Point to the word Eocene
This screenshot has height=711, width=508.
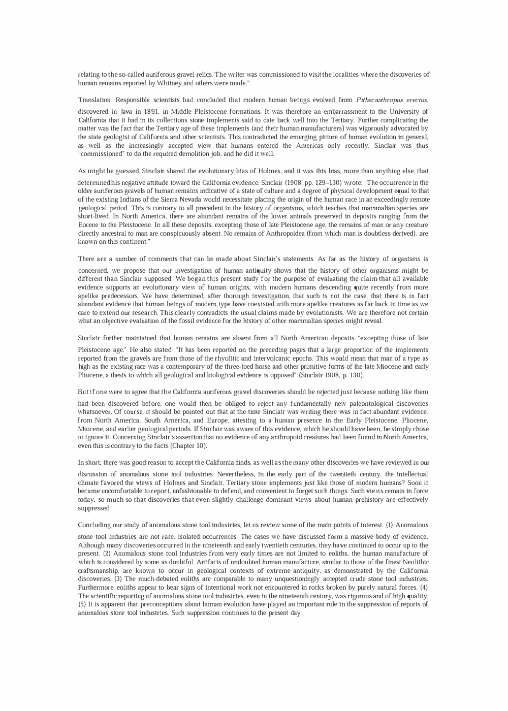pos(89,225)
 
